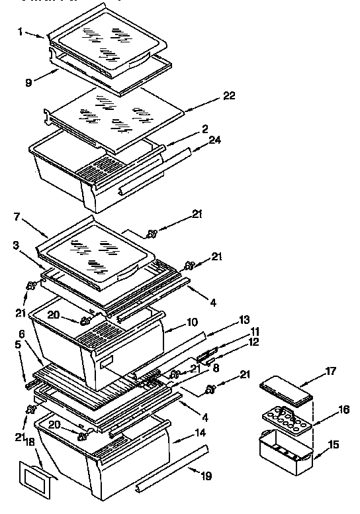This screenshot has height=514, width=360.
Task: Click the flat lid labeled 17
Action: point(287,391)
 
